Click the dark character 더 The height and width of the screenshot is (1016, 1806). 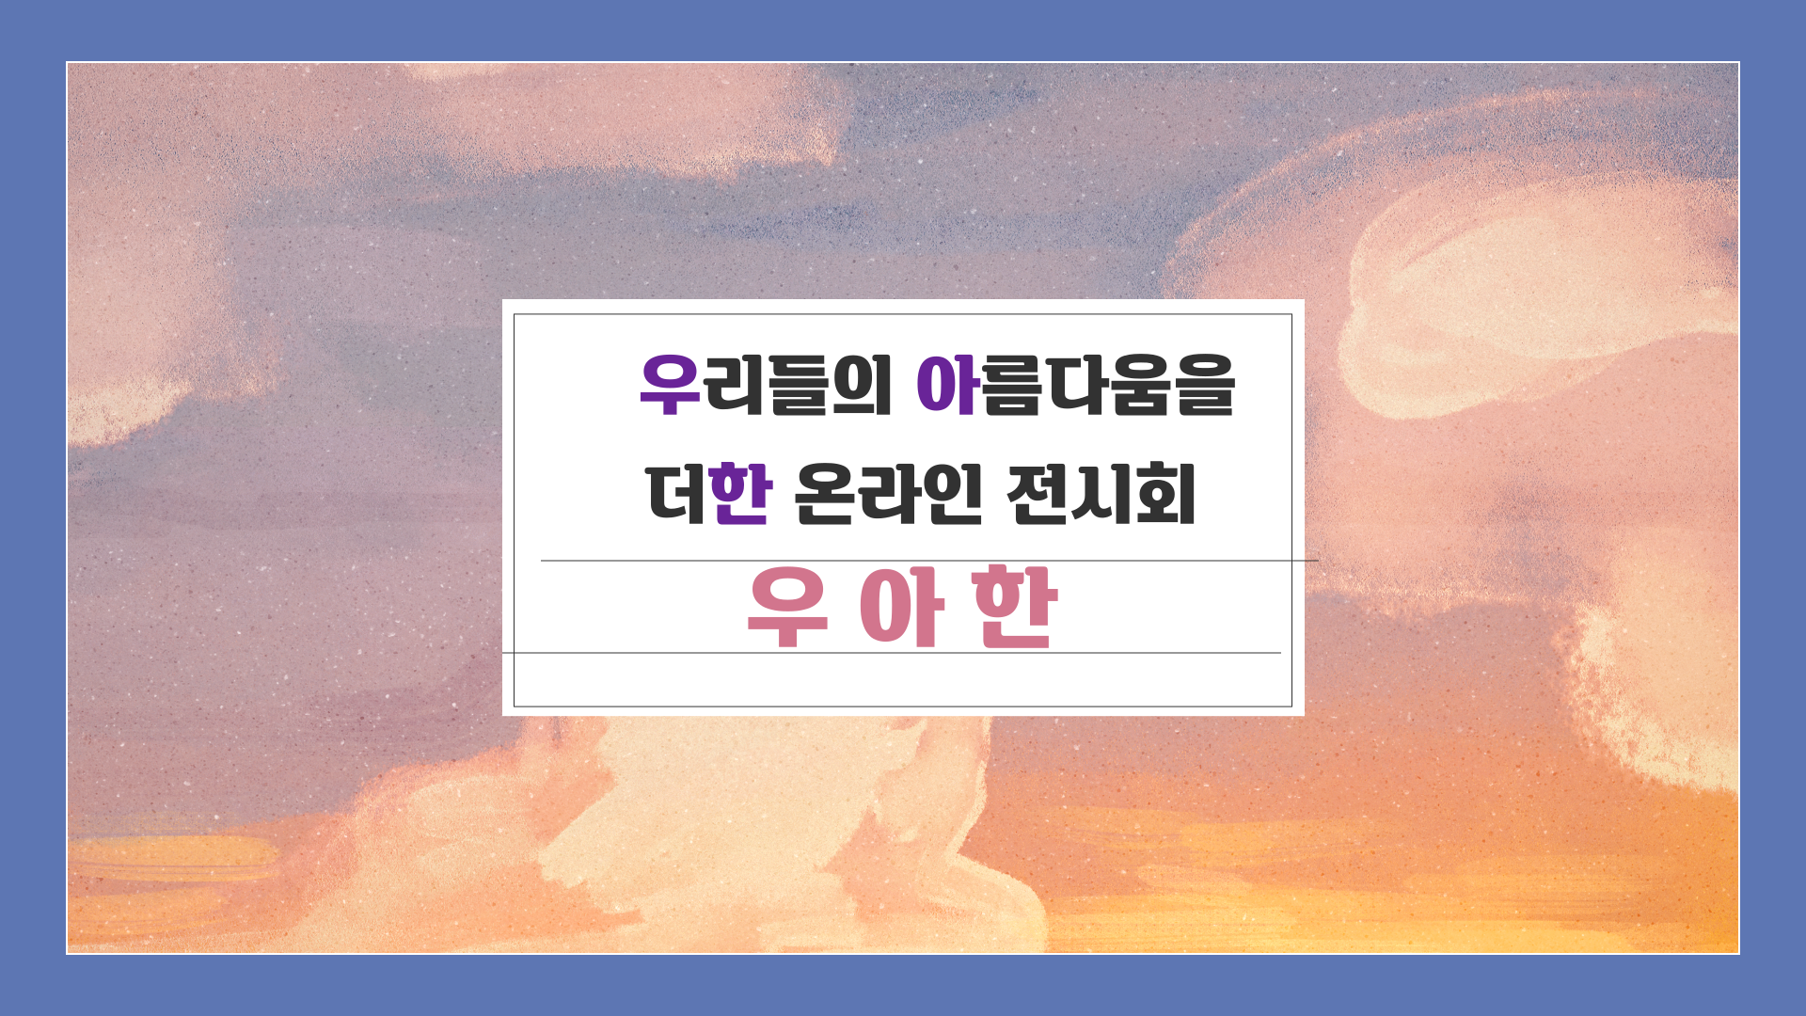677,494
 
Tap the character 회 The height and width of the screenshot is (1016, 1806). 1166,494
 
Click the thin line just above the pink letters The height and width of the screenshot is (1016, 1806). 929,561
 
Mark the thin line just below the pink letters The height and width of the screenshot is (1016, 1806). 892,652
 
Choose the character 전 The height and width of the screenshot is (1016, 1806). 1037,494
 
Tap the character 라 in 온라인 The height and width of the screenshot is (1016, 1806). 889,494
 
